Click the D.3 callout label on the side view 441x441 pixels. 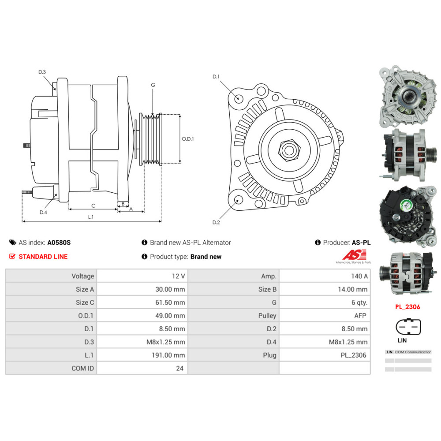pos(42,72)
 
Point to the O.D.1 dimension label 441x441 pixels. pos(188,138)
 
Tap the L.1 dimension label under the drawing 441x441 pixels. pos(91,217)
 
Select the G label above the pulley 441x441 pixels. pos(153,85)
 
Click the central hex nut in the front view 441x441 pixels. pos(288,150)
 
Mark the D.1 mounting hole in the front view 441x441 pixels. pos(239,98)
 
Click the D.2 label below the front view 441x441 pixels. pos(216,222)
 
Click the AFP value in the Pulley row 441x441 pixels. pos(360,316)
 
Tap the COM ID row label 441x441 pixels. pos(82,368)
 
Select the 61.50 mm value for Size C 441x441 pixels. pos(172,303)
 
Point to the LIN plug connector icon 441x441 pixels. pos(406,327)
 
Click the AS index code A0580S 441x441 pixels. pos(59,243)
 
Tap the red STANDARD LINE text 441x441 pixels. pos(43,257)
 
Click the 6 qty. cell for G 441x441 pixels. pos(358,303)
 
